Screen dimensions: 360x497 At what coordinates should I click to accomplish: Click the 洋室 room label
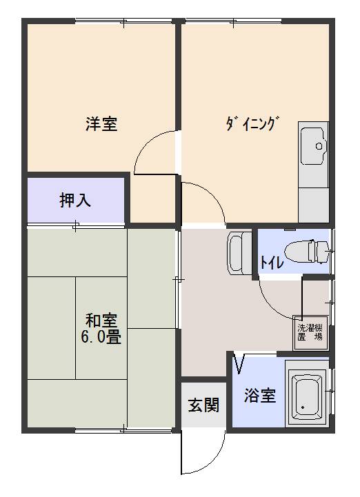(x=101, y=124)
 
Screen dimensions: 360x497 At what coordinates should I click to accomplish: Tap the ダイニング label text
(x=253, y=123)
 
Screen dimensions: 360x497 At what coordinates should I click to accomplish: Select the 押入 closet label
(x=75, y=200)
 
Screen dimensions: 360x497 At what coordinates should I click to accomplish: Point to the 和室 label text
(x=101, y=321)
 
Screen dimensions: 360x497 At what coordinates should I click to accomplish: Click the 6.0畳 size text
(x=101, y=336)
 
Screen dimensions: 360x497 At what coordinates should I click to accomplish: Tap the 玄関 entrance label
(x=203, y=405)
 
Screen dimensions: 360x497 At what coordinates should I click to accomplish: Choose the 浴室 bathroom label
(x=260, y=395)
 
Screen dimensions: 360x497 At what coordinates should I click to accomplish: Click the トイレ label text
(x=272, y=262)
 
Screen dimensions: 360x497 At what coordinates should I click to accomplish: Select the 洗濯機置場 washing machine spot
(x=310, y=332)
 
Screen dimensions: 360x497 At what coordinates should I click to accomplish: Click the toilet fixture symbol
(x=307, y=252)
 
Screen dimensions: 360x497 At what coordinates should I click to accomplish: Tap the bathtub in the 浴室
(x=306, y=394)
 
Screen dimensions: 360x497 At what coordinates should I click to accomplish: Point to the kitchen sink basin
(x=314, y=146)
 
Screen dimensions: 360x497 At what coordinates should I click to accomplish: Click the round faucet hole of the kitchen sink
(x=319, y=146)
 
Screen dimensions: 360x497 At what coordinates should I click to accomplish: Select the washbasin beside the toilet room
(x=239, y=252)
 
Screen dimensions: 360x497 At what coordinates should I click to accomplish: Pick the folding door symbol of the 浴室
(x=239, y=364)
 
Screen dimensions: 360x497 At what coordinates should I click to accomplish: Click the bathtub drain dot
(x=303, y=407)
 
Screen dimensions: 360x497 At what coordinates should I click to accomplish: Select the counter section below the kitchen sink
(x=313, y=205)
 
